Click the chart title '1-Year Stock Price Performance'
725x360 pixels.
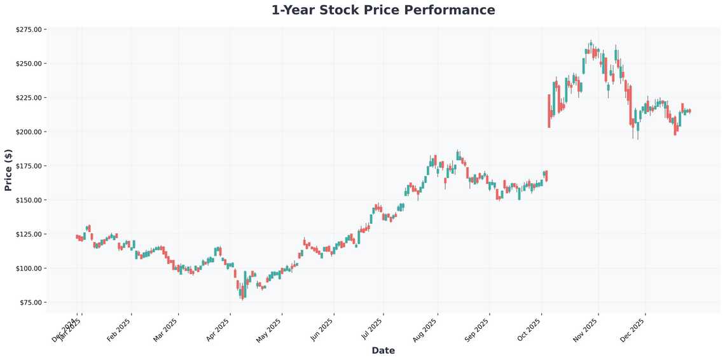[x=383, y=10]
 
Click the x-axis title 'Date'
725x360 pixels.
[x=383, y=350]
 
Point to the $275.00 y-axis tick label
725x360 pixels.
[x=28, y=29]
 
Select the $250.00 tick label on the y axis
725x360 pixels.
[x=28, y=64]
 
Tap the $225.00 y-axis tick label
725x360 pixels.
[x=28, y=98]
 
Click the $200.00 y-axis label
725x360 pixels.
[x=28, y=132]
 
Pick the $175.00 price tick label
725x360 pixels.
[x=28, y=166]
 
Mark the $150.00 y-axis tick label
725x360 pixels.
[x=28, y=200]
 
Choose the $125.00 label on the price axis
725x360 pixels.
[x=28, y=234]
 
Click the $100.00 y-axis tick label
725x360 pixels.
[x=28, y=268]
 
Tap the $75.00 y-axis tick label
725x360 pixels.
[x=30, y=302]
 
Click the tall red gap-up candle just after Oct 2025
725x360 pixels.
[x=549, y=111]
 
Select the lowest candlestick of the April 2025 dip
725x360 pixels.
[x=242, y=293]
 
